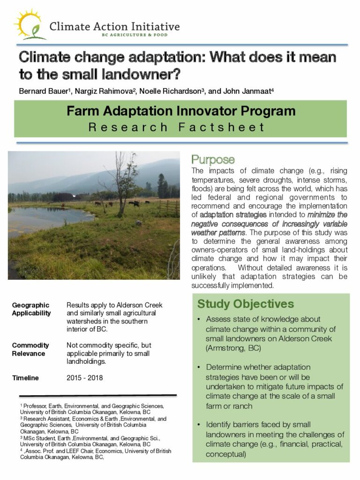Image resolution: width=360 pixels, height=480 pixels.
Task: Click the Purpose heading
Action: click(213, 160)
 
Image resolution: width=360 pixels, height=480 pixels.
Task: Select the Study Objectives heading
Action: click(245, 304)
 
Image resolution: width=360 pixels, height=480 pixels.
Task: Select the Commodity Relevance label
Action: click(30, 349)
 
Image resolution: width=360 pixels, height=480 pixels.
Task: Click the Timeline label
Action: click(25, 378)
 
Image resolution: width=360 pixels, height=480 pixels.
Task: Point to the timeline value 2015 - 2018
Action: click(85, 378)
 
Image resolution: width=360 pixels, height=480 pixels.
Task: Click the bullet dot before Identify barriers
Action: click(200, 425)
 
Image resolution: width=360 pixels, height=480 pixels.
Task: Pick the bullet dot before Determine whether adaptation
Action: click(200, 367)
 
